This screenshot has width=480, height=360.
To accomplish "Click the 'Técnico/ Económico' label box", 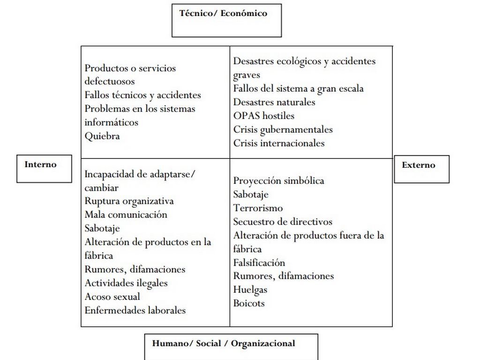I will tap(227, 20).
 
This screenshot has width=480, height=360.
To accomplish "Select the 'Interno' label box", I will tap(44, 168).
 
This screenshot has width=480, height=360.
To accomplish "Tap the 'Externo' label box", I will tap(421, 169).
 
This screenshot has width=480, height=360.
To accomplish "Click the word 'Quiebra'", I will tap(102, 136).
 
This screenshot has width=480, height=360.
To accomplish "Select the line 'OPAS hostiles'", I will tap(264, 116).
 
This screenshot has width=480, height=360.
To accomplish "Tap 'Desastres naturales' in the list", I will tap(274, 102).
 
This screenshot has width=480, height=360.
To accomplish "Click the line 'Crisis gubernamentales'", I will tap(283, 129).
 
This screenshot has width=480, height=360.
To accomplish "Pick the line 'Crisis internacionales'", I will tap(279, 143).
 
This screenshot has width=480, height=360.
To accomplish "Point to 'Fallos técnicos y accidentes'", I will tap(143, 95).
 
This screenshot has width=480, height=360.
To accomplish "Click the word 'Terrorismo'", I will tap(258, 208).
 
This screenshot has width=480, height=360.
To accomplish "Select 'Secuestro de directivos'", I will tap(283, 222).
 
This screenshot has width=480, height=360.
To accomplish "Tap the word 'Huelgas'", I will tap(250, 290).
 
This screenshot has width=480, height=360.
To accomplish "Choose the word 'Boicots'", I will tap(249, 303).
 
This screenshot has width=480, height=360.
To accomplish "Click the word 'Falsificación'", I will tap(259, 262).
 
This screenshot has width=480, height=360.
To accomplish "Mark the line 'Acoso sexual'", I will tap(112, 297).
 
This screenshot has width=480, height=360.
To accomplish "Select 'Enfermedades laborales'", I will tap(135, 310).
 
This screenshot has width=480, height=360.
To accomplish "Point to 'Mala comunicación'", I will tap(126, 215).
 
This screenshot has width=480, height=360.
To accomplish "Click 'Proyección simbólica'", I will tap(278, 181).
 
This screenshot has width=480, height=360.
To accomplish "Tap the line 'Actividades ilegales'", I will tap(126, 283).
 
